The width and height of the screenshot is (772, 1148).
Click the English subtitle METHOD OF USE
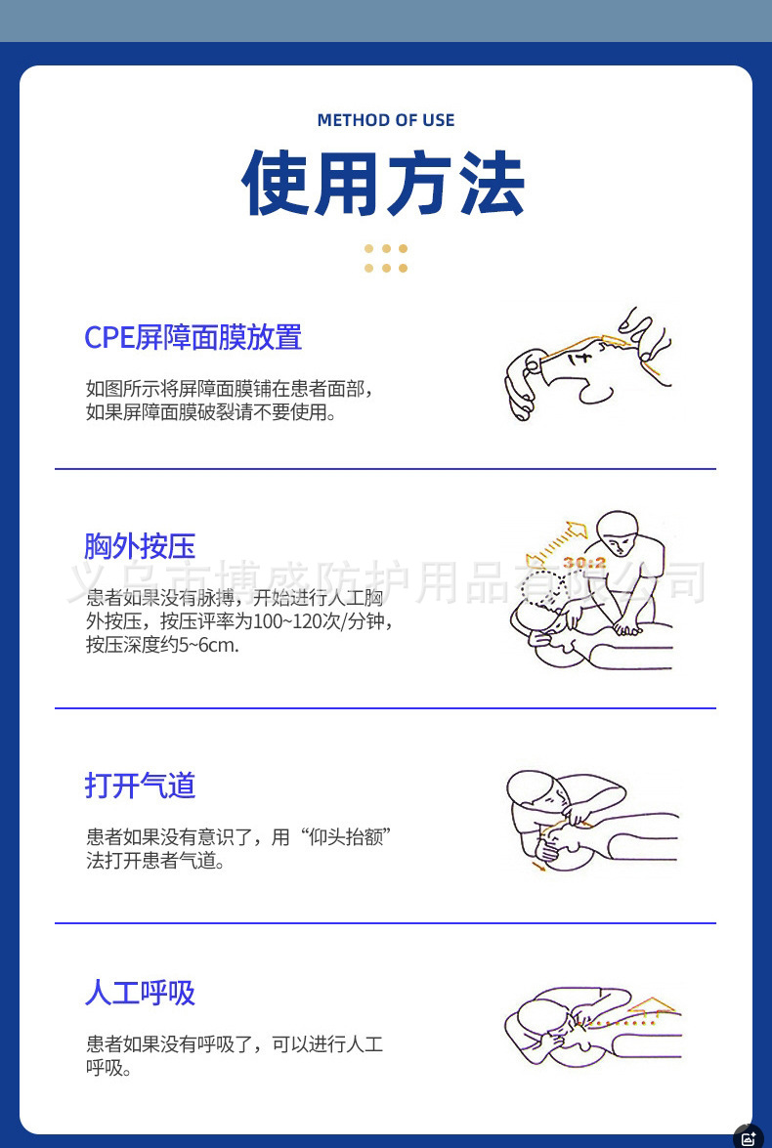pos(386,120)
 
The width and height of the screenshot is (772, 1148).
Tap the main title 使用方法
pos(383,183)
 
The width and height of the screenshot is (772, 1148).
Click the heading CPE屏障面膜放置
pos(193,337)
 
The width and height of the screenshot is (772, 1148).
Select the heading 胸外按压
pos(140,546)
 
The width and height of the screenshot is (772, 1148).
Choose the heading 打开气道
pos(140,786)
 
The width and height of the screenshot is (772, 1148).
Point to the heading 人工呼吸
pos(140,993)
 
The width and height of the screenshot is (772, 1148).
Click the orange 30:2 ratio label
pos(584,563)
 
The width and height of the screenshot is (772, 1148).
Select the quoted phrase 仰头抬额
pos(347,836)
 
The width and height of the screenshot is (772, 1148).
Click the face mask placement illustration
pos(588,364)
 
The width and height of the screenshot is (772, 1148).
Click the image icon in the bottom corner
pos(749,1138)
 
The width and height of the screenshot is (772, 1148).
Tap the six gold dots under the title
pos(386,259)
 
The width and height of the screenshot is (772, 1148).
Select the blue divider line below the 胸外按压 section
pos(385,708)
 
